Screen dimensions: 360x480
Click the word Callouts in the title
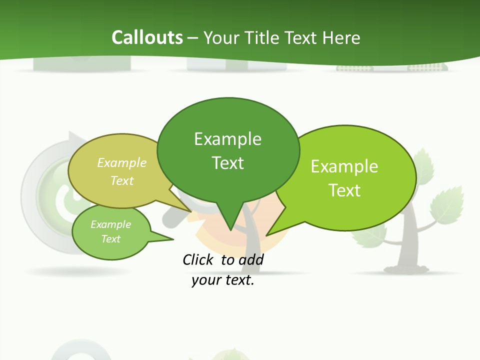click(147, 37)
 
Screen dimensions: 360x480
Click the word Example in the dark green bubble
click(227, 139)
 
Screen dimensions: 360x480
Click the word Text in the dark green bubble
click(227, 163)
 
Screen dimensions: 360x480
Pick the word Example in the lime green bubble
click(344, 166)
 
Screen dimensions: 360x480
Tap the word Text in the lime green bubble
click(344, 190)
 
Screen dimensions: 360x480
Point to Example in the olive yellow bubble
click(122, 162)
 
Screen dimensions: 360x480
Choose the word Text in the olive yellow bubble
click(122, 180)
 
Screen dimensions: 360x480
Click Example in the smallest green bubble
click(110, 224)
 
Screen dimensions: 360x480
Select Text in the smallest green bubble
click(110, 239)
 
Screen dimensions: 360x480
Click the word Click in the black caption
click(198, 259)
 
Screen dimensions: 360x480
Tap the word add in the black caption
click(251, 259)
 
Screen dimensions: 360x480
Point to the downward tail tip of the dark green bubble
click(230, 230)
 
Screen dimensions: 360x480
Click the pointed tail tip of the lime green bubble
click(266, 235)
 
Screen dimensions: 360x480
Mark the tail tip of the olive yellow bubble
click(191, 211)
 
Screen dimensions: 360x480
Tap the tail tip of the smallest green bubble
click(173, 239)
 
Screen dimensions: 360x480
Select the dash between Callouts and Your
click(193, 38)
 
